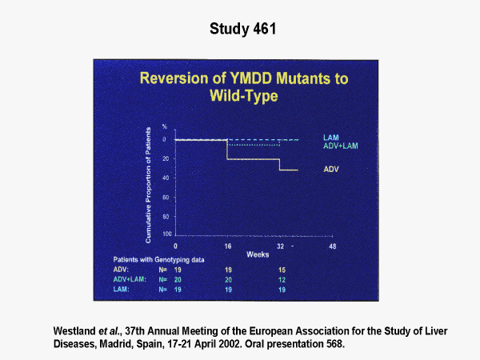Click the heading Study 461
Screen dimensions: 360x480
tap(240, 30)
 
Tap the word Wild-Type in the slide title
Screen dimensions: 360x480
tap(241, 97)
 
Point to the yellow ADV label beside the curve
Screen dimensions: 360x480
tap(330, 170)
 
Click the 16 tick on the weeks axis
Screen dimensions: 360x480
tap(227, 245)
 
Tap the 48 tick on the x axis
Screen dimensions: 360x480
tap(332, 245)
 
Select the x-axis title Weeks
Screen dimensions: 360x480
tap(257, 254)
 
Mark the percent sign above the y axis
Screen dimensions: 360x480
tap(165, 127)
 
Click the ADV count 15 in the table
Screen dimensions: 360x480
tap(280, 270)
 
